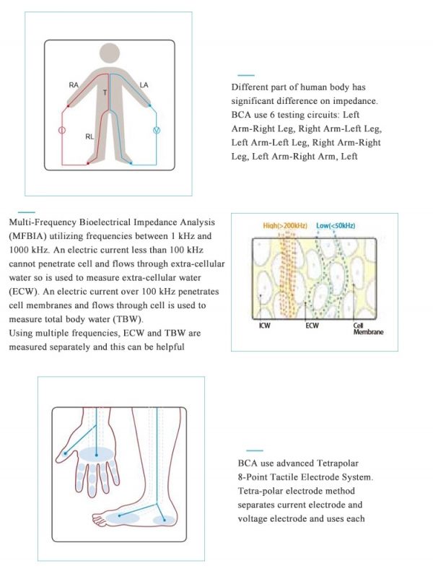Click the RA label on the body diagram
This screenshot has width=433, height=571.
coord(74,85)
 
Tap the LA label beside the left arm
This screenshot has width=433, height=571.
coord(144,85)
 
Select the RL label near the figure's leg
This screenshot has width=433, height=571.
coord(89,136)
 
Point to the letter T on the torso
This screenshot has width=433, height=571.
coord(105,93)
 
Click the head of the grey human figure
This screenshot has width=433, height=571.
coord(109,54)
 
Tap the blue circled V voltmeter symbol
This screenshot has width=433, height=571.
coord(155,130)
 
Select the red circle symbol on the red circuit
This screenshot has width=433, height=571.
coord(62,131)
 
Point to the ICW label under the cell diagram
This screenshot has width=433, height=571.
coord(266,326)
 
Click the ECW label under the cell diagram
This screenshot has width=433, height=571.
coord(311,326)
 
